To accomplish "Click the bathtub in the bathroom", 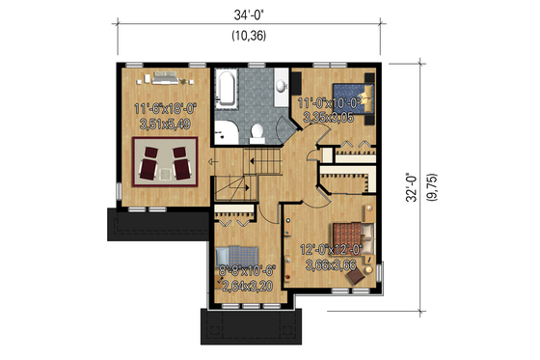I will tap(230, 89).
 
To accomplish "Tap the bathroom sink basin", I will tap(280, 85).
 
